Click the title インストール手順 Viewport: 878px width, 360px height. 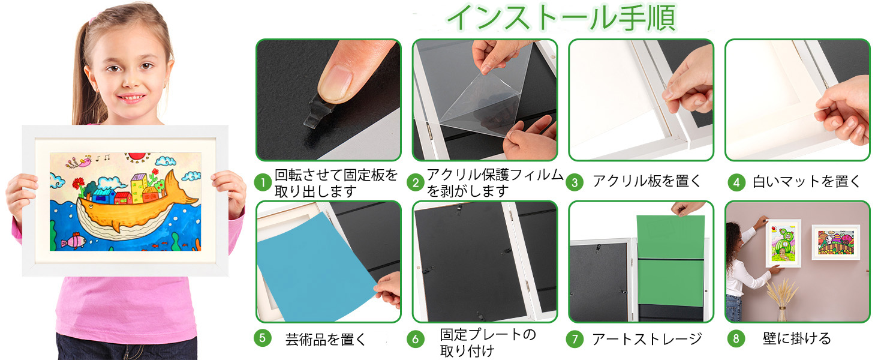coord(561,18)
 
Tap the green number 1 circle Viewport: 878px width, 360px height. coord(263,182)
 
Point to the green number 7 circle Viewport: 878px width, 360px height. coord(575,339)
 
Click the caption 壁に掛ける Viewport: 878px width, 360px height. coord(796,339)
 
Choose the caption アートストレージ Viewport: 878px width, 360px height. coord(647,339)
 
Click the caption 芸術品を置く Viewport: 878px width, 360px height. coord(326,339)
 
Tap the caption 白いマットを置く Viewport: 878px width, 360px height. coord(806,182)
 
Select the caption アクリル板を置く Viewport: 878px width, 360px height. coord(647,182)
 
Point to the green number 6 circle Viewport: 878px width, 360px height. coord(415,339)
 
